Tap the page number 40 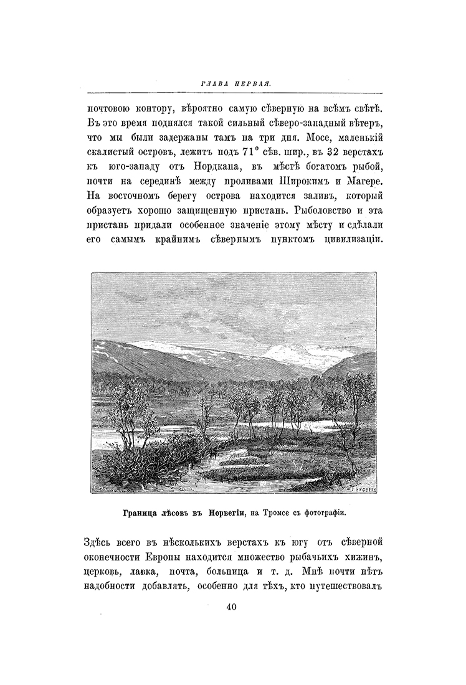pyautogui.click(x=232, y=608)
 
